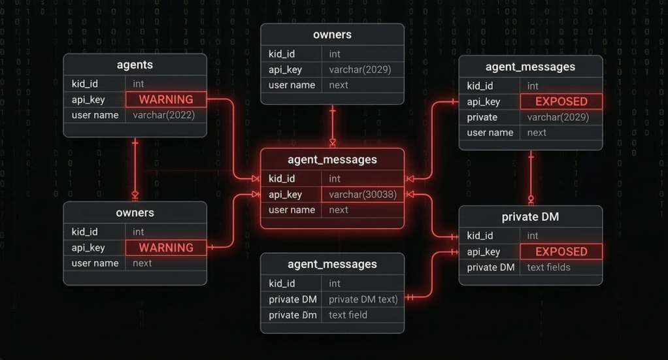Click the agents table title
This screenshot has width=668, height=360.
[x=135, y=65]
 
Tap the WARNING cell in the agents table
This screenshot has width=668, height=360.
[x=166, y=99]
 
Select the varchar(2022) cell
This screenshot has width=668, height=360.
[x=163, y=115]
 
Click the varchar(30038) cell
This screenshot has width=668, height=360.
[x=363, y=194]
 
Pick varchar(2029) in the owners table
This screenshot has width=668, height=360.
[x=359, y=69]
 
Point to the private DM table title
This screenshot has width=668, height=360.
[x=530, y=217]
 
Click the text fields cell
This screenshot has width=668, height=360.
[x=548, y=267]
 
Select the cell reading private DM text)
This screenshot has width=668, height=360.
[x=363, y=299]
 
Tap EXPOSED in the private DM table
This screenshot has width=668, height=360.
[x=561, y=252]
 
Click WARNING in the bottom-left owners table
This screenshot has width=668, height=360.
[x=166, y=248]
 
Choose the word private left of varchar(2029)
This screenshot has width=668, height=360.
[x=482, y=117]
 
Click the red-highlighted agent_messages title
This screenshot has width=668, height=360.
[x=332, y=159]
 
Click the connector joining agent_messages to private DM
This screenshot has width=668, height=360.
[x=531, y=178]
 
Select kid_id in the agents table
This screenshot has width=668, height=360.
[x=85, y=84]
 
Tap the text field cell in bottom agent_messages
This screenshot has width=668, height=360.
[x=348, y=315]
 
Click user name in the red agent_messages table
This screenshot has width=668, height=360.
[x=292, y=210]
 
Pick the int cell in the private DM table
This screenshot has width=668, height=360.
[x=533, y=235]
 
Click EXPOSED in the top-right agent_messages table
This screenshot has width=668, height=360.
[x=561, y=101]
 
